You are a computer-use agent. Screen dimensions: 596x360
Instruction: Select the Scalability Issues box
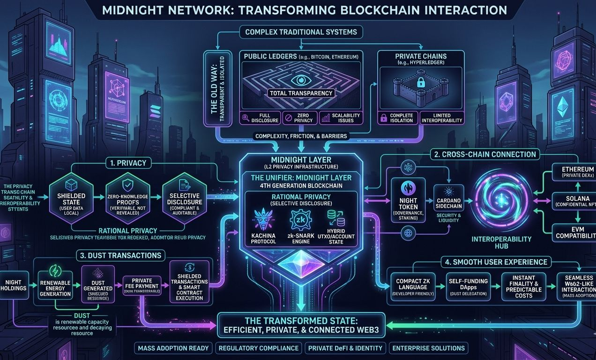[340, 118]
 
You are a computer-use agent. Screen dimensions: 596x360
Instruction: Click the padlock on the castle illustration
[421, 83]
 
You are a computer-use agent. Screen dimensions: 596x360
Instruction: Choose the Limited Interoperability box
[442, 118]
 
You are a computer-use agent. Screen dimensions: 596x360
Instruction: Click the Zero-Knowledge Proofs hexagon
[127, 198]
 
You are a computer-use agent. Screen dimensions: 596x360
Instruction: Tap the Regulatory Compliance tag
[258, 348]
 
